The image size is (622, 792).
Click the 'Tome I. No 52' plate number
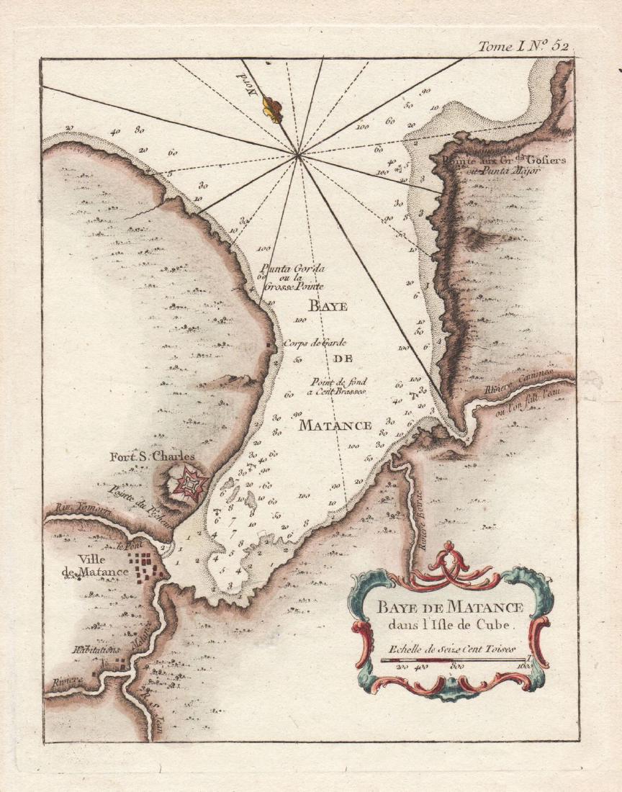[x=524, y=46]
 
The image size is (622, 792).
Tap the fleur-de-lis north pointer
[x=272, y=109]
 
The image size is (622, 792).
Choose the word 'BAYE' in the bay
[x=328, y=307]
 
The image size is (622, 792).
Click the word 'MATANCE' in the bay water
[x=335, y=425]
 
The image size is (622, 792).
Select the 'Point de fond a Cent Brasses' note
[x=339, y=386]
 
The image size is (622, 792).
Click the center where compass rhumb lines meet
[x=297, y=154]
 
